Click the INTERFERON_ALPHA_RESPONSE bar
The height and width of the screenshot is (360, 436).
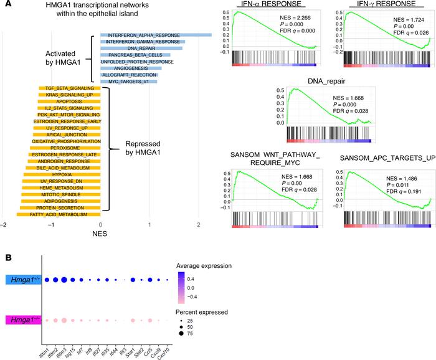pos(156,34)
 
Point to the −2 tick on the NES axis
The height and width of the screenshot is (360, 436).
pos(4,208)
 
